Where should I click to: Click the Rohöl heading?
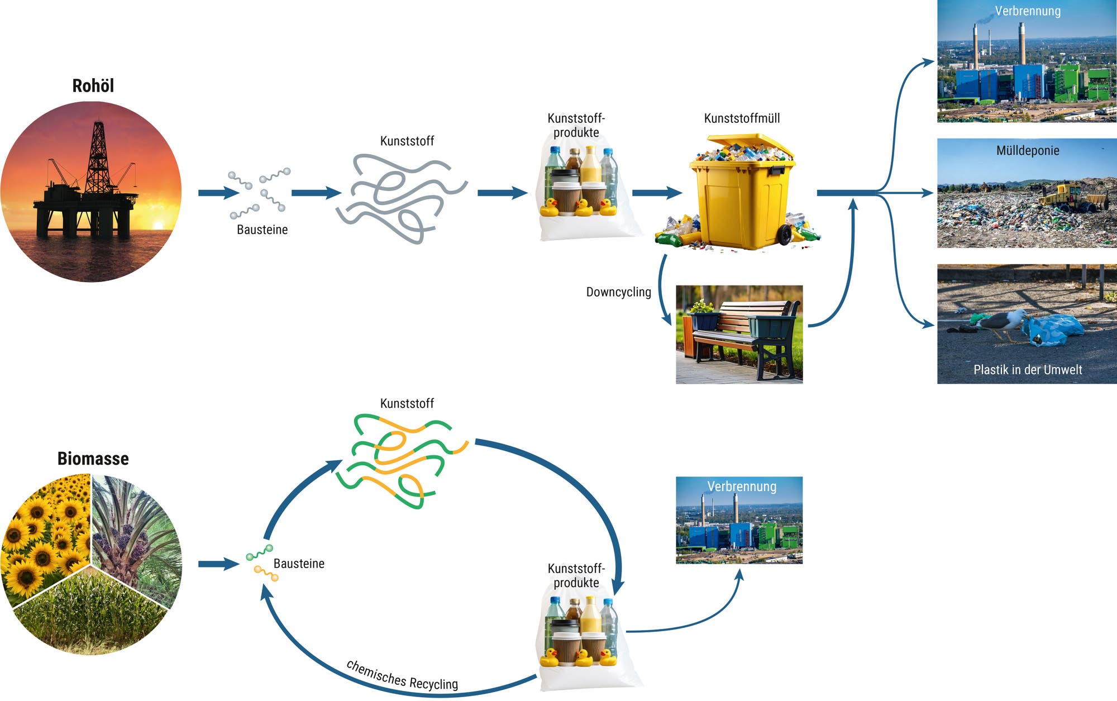click(x=93, y=85)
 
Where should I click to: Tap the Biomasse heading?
click(x=93, y=459)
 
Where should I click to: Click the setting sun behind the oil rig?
click(x=158, y=225)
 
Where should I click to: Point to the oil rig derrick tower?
click(x=98, y=156)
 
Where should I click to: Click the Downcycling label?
click(x=618, y=292)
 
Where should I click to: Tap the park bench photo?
click(x=739, y=334)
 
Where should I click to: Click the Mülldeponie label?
click(x=1027, y=150)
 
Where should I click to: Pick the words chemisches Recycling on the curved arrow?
click(x=402, y=675)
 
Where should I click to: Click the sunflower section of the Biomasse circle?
click(x=45, y=531)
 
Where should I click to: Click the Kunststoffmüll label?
click(x=742, y=118)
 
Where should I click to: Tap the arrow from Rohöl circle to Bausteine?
click(x=218, y=193)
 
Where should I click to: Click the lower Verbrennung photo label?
click(x=741, y=487)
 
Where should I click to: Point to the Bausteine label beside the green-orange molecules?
click(x=299, y=564)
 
